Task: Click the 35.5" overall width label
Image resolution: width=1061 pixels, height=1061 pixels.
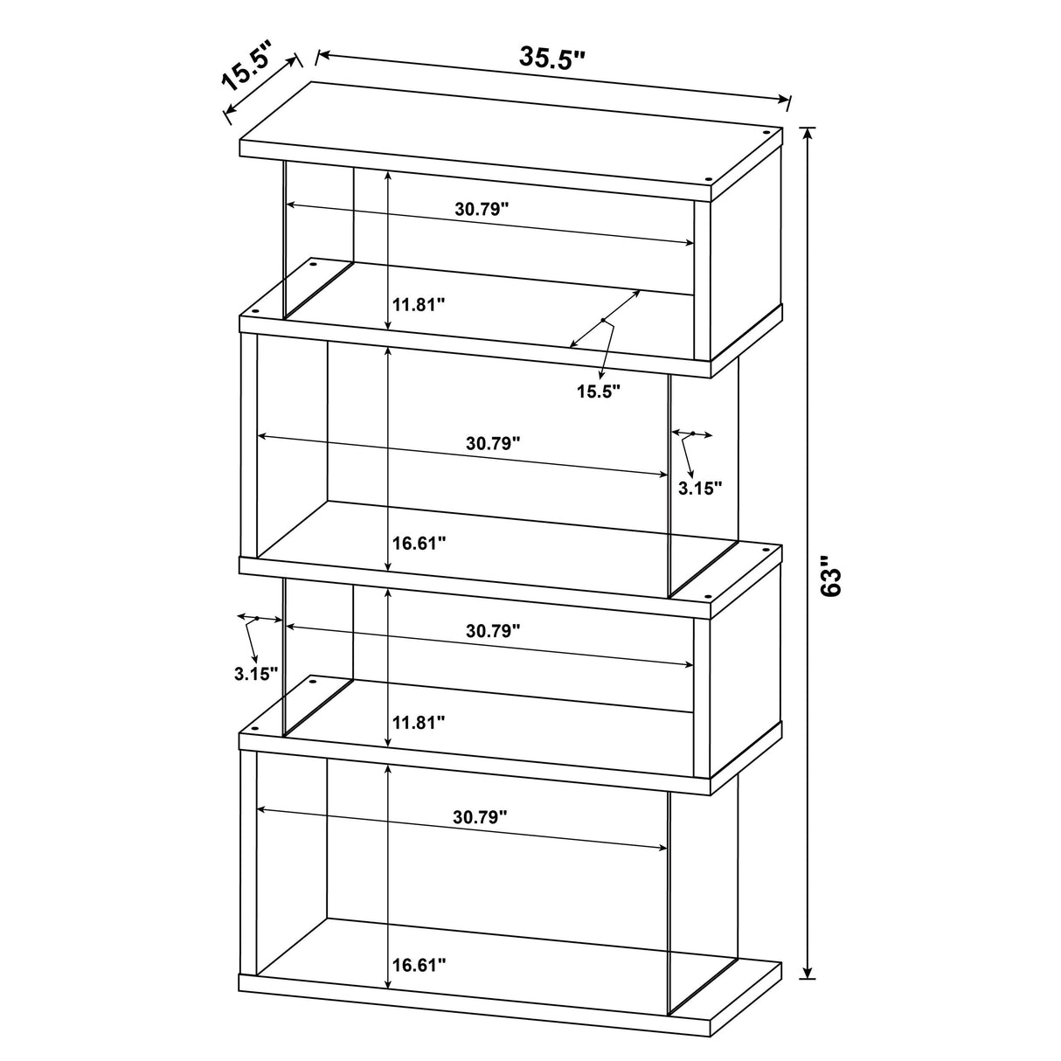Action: click(x=552, y=58)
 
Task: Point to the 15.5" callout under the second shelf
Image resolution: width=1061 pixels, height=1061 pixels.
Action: click(x=598, y=391)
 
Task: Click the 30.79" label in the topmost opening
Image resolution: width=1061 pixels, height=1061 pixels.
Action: click(x=481, y=209)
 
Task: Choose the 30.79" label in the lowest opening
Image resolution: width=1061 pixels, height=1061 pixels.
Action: click(x=480, y=817)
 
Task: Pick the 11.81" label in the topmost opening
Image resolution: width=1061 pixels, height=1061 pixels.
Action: click(x=419, y=305)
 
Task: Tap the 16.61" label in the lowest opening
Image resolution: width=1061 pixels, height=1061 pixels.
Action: click(x=419, y=966)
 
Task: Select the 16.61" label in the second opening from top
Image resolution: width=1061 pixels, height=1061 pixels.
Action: click(x=419, y=543)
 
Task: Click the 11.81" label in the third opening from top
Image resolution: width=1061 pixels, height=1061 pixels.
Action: click(x=419, y=722)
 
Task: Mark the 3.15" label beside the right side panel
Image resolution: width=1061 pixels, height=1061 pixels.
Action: click(x=700, y=488)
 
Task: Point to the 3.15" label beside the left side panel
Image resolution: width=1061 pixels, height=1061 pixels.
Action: click(x=256, y=673)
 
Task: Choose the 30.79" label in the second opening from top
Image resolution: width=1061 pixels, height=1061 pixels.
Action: click(x=493, y=442)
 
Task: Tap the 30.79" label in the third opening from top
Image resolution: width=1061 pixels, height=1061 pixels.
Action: click(x=493, y=630)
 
